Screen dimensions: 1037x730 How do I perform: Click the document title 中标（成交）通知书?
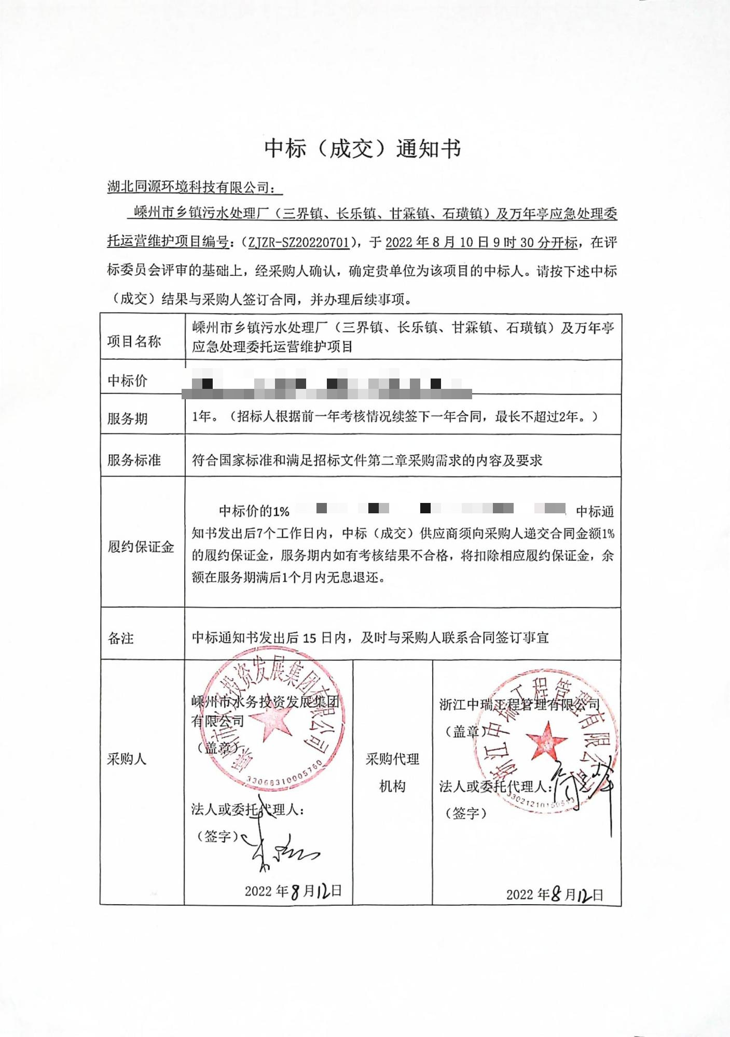coord(362,149)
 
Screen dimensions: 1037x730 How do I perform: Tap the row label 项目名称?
coord(134,341)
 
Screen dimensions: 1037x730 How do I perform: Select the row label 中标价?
coord(127,381)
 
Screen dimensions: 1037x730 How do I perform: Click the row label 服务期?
coord(127,418)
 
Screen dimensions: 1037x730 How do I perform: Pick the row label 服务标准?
coord(134,460)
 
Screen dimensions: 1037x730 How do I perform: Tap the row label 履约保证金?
coord(140,546)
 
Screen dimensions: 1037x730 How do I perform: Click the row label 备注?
coord(120,638)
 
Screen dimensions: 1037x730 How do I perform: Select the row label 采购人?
coord(127,759)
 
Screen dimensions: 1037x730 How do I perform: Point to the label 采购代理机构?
coord(392,773)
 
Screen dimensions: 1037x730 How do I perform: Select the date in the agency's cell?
coord(555,894)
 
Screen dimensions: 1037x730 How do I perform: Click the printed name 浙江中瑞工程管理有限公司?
coord(519,704)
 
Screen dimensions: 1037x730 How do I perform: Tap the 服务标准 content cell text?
coord(367,460)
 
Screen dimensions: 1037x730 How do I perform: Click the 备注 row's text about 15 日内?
coord(370,637)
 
